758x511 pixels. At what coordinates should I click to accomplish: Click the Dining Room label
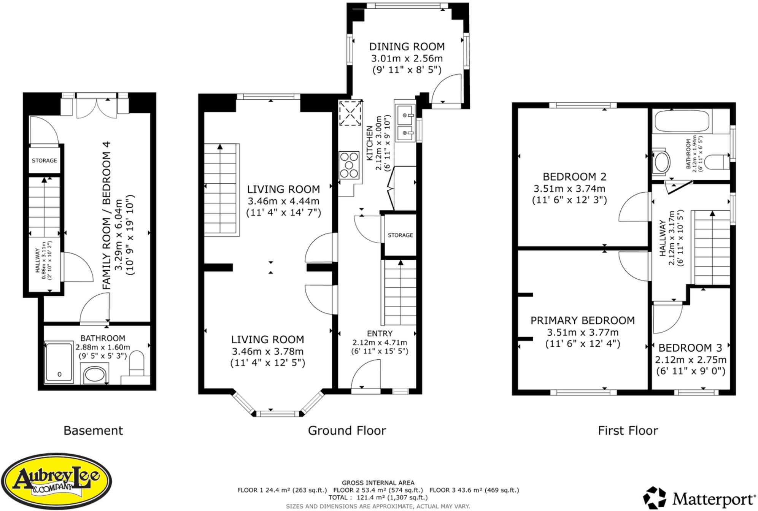pyautogui.click(x=407, y=46)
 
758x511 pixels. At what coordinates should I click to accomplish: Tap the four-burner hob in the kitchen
pyautogui.click(x=349, y=165)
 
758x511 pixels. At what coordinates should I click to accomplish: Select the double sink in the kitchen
pyautogui.click(x=405, y=122)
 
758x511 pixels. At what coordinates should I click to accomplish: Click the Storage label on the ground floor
pyautogui.click(x=400, y=235)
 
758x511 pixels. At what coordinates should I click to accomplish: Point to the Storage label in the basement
pyautogui.click(x=44, y=160)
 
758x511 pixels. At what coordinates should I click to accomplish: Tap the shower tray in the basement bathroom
pyautogui.click(x=59, y=362)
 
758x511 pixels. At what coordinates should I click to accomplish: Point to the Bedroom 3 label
pyautogui.click(x=690, y=348)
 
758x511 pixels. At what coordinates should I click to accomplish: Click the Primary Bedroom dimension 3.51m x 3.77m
pyautogui.click(x=583, y=332)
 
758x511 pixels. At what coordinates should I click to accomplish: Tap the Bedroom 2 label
pyautogui.click(x=574, y=176)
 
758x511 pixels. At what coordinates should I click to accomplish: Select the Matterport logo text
pyautogui.click(x=713, y=498)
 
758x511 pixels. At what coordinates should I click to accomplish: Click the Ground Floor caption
pyautogui.click(x=347, y=430)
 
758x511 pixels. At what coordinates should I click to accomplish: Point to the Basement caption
pyautogui.click(x=93, y=430)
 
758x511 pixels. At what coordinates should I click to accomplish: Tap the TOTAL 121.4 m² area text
pyautogui.click(x=378, y=497)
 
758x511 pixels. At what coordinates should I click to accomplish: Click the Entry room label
pyautogui.click(x=379, y=333)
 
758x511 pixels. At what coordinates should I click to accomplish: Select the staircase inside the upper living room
pyautogui.click(x=222, y=190)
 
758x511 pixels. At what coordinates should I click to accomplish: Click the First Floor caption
pyautogui.click(x=628, y=430)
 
